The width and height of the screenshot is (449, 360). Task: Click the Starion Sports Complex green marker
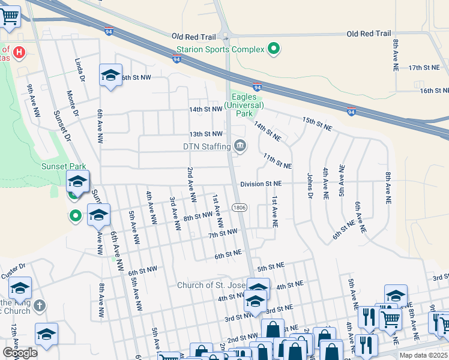(x=274, y=49)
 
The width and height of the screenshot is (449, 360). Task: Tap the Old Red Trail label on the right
(x=369, y=34)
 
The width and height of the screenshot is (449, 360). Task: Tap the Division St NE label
(x=261, y=184)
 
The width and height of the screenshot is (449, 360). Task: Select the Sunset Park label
(x=64, y=166)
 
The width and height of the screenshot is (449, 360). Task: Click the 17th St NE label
(x=424, y=68)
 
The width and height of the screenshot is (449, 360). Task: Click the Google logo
(x=20, y=353)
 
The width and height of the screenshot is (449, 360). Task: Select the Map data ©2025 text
(x=424, y=355)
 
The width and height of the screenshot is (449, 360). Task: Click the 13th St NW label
(x=206, y=134)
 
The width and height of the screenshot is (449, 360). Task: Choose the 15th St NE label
(x=318, y=124)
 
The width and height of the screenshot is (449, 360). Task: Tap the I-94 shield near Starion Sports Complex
(x=176, y=59)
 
